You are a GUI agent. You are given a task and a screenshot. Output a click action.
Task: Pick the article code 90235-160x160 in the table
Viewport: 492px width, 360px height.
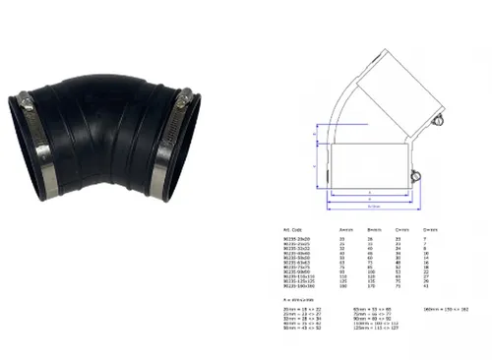tap(298, 286)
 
